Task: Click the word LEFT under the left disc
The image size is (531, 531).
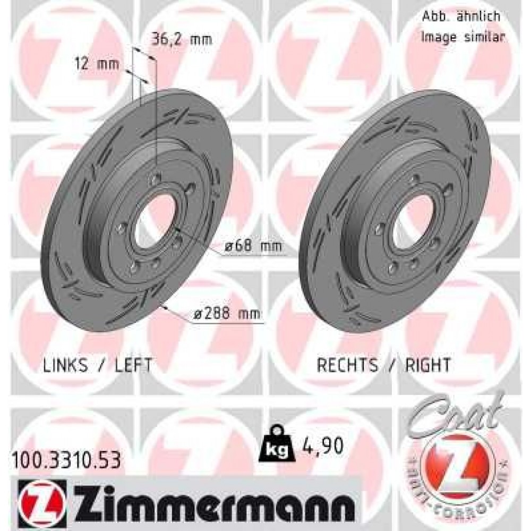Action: click(x=133, y=365)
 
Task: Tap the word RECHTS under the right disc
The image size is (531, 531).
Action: click(x=347, y=365)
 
